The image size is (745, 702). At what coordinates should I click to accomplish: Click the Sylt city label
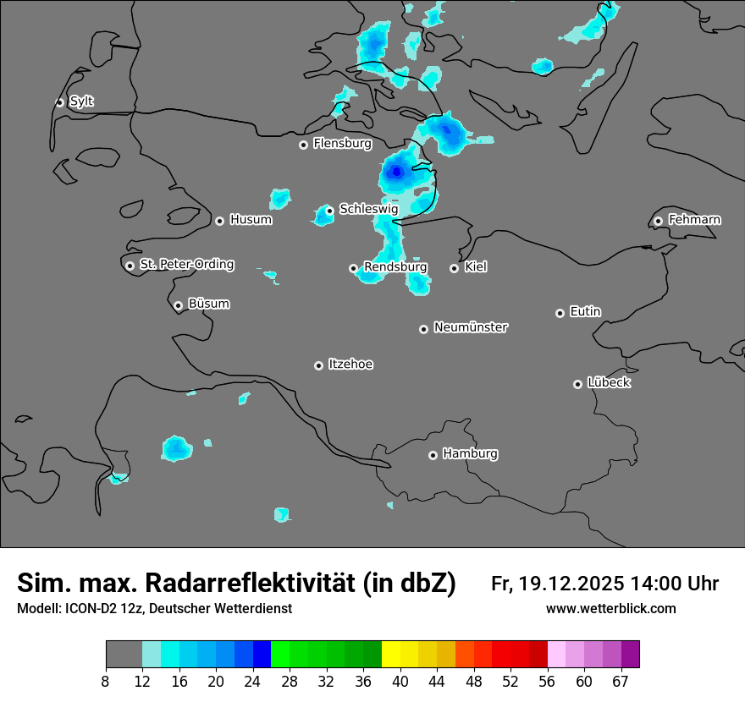(81, 101)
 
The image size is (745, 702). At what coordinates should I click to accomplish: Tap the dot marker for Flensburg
(303, 145)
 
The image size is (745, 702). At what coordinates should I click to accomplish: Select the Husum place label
(251, 220)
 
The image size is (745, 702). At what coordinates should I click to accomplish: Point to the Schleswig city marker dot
(329, 211)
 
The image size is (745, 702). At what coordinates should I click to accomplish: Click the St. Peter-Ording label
(186, 265)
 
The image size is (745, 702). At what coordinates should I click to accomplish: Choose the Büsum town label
(208, 304)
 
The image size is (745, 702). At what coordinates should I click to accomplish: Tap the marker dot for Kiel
(454, 268)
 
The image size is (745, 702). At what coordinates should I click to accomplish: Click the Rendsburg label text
(395, 267)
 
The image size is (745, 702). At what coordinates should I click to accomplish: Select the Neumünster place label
(471, 327)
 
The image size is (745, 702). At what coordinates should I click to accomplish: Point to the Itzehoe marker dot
(318, 365)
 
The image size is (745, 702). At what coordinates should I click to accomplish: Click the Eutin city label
(585, 311)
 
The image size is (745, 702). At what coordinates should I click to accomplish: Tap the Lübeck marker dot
(577, 384)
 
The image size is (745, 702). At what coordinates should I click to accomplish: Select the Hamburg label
(470, 453)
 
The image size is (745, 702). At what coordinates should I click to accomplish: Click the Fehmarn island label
(694, 220)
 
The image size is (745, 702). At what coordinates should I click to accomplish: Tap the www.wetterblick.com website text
(610, 608)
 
